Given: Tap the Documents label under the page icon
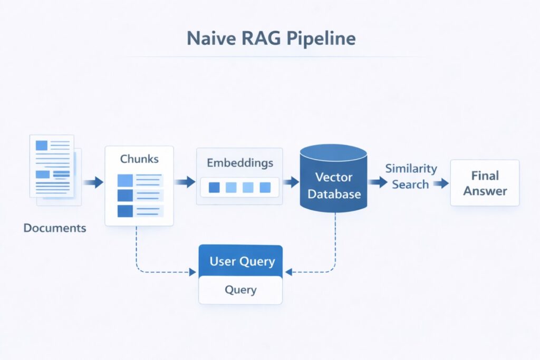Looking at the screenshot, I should pyautogui.click(x=55, y=228).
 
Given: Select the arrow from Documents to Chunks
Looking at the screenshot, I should pyautogui.click(x=93, y=182).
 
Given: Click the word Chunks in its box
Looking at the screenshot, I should pyautogui.click(x=139, y=159).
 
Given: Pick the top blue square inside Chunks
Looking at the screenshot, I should pyautogui.click(x=125, y=181).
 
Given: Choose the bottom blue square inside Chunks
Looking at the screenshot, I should pyautogui.click(x=125, y=211).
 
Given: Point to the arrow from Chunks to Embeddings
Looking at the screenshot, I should pyautogui.click(x=185, y=182).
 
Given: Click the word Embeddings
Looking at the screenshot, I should pyautogui.click(x=240, y=162).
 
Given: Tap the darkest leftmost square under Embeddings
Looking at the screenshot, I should pyautogui.click(x=214, y=187).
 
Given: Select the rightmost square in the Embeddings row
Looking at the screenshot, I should pyautogui.click(x=265, y=187).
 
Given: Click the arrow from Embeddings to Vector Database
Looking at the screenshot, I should pyautogui.click(x=291, y=182).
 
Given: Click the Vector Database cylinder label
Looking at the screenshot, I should pyautogui.click(x=334, y=185).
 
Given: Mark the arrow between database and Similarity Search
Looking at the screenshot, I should pyautogui.click(x=377, y=182).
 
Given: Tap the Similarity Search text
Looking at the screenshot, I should pyautogui.click(x=411, y=176).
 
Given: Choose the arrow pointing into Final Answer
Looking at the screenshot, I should pyautogui.click(x=441, y=183).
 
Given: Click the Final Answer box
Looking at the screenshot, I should pyautogui.click(x=485, y=183).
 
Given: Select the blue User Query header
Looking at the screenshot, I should pyautogui.click(x=241, y=261).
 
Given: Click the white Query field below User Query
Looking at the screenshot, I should pyautogui.click(x=240, y=289).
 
